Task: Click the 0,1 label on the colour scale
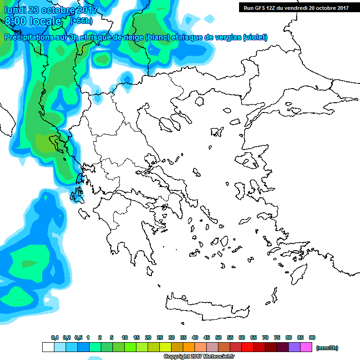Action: (55, 337)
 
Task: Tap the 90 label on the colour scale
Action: (312, 337)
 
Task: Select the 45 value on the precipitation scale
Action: (207, 337)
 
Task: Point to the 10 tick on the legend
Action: (125, 337)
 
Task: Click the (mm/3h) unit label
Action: (327, 348)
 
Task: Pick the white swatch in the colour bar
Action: (48, 347)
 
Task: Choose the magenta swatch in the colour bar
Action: (306, 347)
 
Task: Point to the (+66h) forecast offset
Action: (81, 21)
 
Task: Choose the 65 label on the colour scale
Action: (254, 337)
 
